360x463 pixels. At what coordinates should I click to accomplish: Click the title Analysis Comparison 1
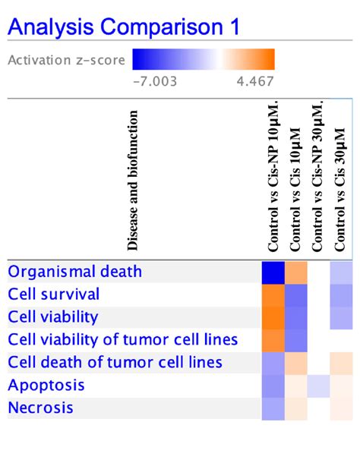(124, 28)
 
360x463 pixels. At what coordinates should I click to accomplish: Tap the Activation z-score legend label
(67, 60)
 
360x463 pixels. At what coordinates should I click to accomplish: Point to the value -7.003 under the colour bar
(154, 80)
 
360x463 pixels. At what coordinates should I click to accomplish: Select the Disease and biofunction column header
(134, 181)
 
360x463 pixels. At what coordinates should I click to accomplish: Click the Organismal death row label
(74, 271)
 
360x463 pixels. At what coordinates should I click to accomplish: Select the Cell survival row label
(53, 294)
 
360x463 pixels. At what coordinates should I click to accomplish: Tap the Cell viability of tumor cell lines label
(122, 339)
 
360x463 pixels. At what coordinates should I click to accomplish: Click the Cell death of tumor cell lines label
(115, 362)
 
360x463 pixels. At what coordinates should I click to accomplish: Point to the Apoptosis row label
(46, 385)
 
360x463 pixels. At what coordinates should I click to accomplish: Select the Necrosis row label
(40, 408)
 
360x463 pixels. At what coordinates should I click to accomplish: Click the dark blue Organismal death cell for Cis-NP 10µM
(273, 272)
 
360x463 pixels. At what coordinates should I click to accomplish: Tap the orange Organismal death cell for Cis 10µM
(296, 272)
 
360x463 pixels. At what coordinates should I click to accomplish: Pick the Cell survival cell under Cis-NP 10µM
(273, 294)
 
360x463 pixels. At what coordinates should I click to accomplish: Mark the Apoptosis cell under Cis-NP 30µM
(318, 386)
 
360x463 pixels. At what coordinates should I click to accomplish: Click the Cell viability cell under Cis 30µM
(341, 317)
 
